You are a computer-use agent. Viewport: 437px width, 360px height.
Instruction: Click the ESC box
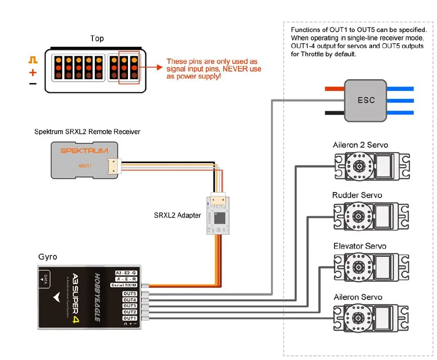point(365,100)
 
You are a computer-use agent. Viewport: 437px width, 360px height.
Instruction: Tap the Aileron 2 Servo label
point(360,145)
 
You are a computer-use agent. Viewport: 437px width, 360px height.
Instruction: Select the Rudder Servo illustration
point(371,217)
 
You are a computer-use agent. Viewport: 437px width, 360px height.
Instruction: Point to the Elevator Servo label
point(360,246)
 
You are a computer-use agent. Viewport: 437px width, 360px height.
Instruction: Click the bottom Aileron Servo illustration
point(371,318)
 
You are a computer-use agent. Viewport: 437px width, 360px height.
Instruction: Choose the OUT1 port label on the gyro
point(129,318)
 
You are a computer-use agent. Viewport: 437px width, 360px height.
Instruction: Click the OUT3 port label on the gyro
point(129,306)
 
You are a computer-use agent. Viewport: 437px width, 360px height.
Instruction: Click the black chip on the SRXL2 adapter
point(220,219)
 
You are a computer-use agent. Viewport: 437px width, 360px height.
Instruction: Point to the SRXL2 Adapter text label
point(177,215)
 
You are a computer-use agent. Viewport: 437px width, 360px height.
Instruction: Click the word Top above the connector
point(97,39)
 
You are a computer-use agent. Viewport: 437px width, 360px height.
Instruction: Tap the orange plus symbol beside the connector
point(33,72)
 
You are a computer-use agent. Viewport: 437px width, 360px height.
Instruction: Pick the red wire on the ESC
point(334,88)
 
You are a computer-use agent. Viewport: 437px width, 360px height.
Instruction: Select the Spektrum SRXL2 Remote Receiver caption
point(87,132)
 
